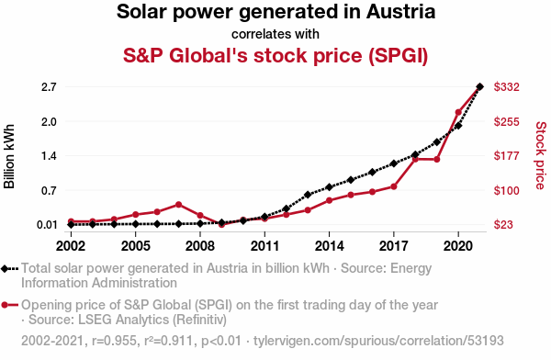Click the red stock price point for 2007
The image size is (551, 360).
pos(178,205)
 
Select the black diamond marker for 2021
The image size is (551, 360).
pos(479,86)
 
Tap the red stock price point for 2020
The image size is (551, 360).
pos(458,112)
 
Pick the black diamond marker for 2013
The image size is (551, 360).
pos(308,195)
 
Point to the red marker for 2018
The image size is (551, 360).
pos(415,159)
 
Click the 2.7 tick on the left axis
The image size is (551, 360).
pos(49,87)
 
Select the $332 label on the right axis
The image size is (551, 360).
pos(506,87)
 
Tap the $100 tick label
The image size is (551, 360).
pos(506,190)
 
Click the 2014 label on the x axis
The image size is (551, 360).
pos(329,246)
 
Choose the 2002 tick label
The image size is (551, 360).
pos(71,246)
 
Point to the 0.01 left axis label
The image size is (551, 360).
pos(47,225)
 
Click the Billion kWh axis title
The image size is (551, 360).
pos(9,156)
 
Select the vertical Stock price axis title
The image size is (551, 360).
pos(541,155)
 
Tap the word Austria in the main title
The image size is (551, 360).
pos(400,12)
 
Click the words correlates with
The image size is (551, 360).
pos(275,34)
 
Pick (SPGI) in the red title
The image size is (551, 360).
pos(399,55)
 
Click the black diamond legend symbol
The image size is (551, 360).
pos(9,269)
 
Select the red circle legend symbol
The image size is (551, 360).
pos(9,305)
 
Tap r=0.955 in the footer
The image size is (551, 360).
pos(114,341)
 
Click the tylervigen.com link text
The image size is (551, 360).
pos(378,341)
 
